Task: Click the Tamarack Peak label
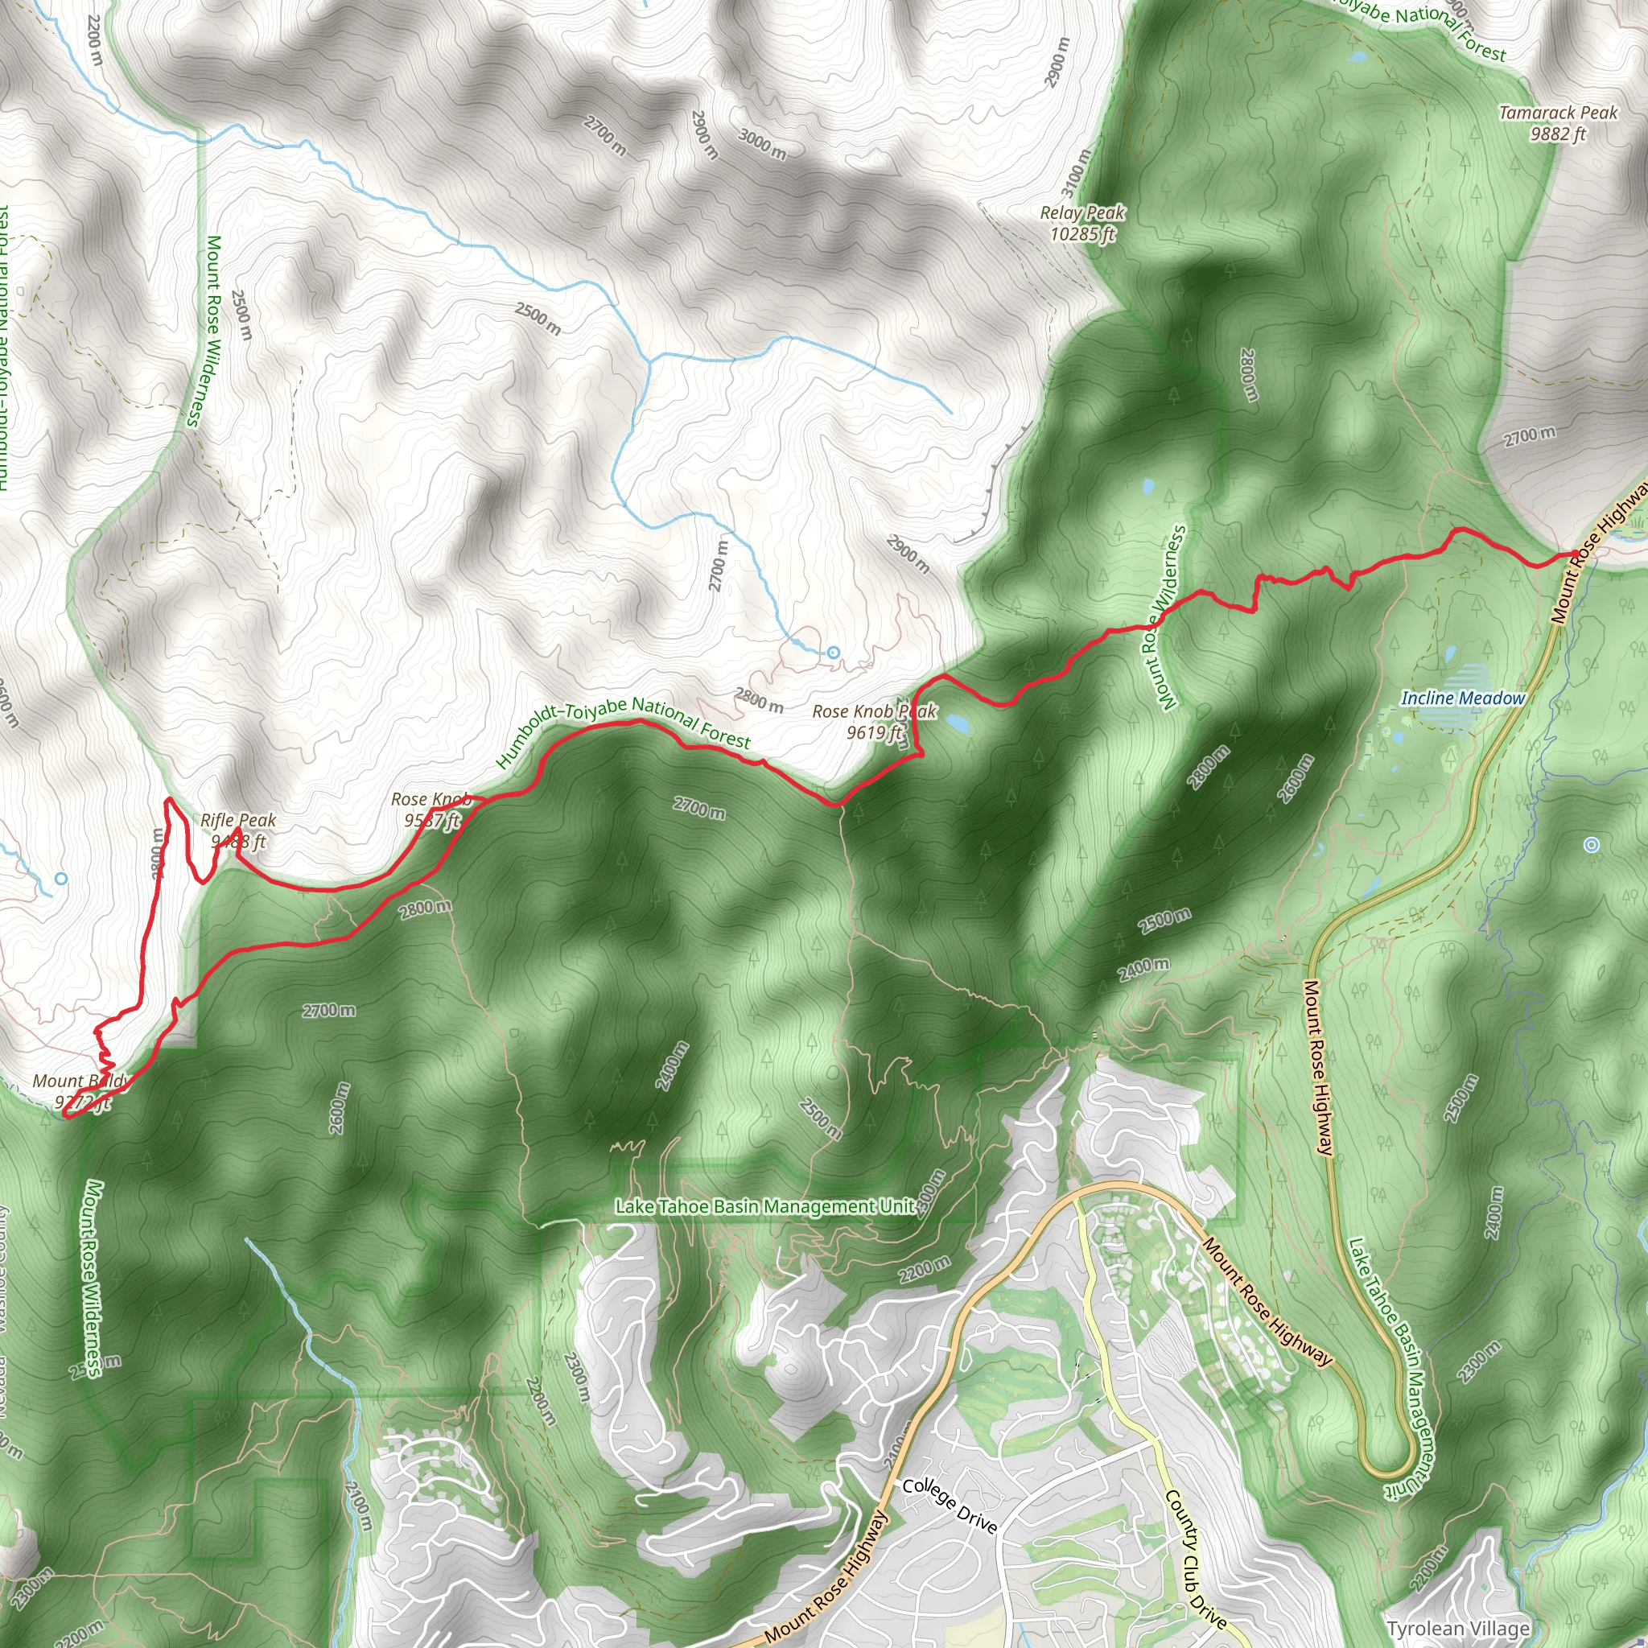point(1558,123)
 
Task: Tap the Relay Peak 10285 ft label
point(1082,223)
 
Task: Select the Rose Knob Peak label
point(875,722)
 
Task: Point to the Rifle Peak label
point(238,830)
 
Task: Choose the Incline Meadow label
point(1463,698)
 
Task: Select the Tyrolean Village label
point(1458,1629)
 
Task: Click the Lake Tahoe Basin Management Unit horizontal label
point(766,1206)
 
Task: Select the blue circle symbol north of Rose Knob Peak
point(834,653)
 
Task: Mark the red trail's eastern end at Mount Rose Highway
point(1575,554)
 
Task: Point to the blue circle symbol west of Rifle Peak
point(60,878)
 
